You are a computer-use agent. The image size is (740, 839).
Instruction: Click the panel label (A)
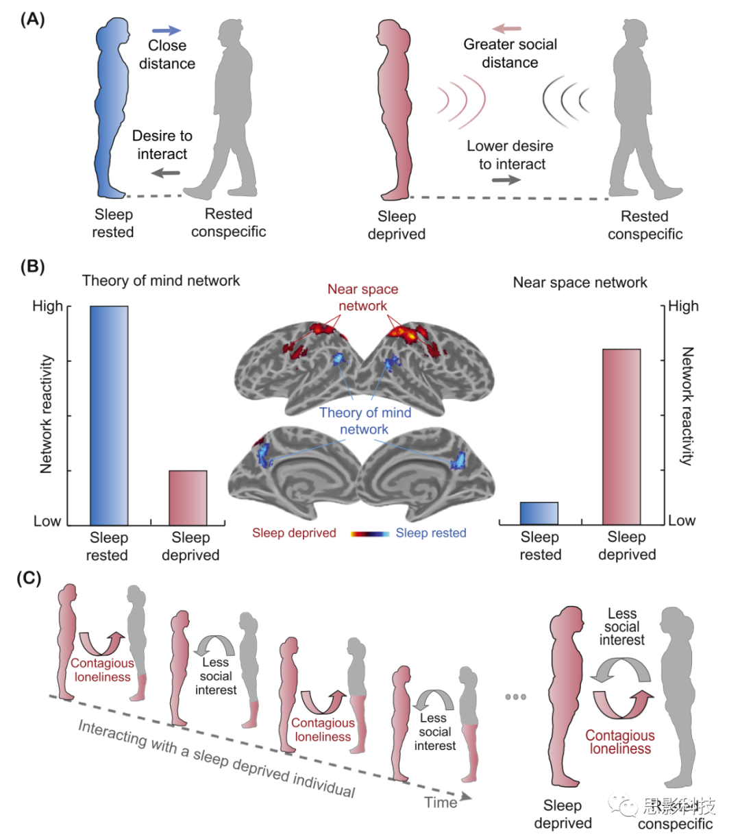[32, 19]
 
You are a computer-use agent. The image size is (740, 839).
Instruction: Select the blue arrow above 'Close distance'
[166, 30]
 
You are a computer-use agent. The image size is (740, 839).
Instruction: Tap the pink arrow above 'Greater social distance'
[507, 29]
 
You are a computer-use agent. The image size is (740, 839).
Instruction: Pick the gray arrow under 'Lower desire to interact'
[506, 180]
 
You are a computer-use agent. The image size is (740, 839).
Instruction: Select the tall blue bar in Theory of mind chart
[109, 415]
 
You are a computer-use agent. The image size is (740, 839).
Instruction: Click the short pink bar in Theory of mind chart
[188, 498]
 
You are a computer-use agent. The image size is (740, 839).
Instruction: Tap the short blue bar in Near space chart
[539, 513]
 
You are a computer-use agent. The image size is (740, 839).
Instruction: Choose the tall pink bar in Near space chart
[621, 437]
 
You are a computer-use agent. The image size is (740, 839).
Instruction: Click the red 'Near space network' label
[362, 297]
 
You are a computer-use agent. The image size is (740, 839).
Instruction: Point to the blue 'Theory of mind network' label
[365, 421]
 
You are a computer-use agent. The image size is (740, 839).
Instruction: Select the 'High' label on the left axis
[47, 306]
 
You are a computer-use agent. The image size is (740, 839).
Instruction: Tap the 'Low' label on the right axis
[682, 521]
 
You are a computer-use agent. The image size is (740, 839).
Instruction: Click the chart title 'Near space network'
[580, 282]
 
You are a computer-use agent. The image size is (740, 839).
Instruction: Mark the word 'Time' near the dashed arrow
[441, 802]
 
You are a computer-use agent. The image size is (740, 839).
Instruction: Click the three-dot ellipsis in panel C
[515, 697]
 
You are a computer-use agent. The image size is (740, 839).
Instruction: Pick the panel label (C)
[29, 578]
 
